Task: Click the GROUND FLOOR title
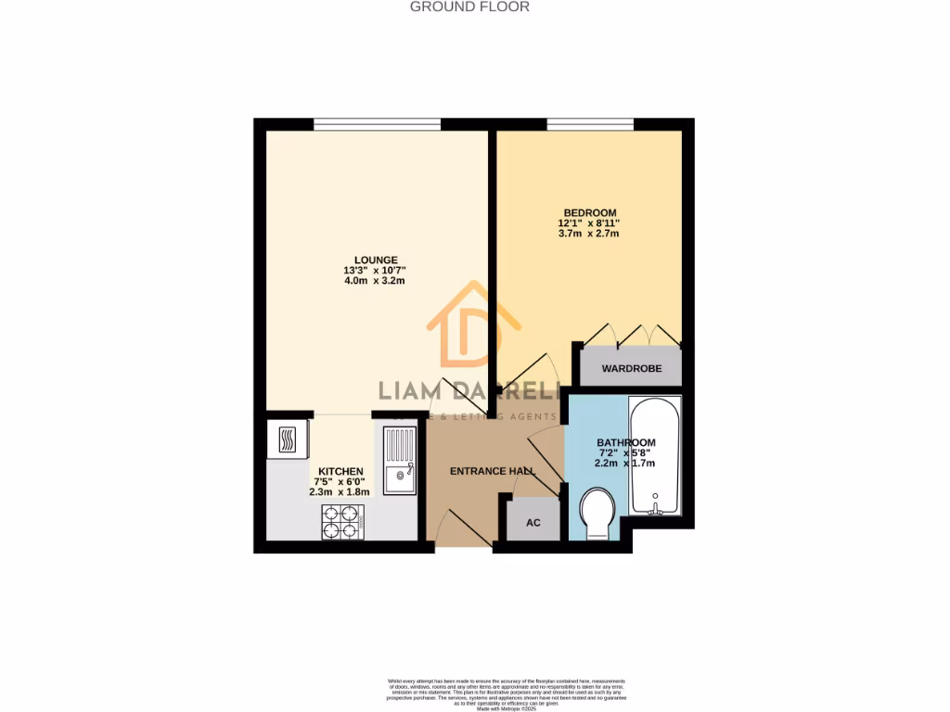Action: pyautogui.click(x=469, y=6)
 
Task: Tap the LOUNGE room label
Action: pyautogui.click(x=376, y=260)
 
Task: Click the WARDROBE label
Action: pyautogui.click(x=632, y=368)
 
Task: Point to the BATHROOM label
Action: pyautogui.click(x=625, y=442)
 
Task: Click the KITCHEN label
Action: pyautogui.click(x=341, y=471)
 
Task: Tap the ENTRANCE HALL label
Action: pyautogui.click(x=493, y=471)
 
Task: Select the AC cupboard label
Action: pyautogui.click(x=533, y=522)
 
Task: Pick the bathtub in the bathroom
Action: pyautogui.click(x=655, y=456)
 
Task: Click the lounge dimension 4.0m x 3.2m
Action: pyautogui.click(x=376, y=280)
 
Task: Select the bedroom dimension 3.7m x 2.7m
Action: pyautogui.click(x=588, y=234)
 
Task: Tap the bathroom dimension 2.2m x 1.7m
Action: pyautogui.click(x=625, y=463)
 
